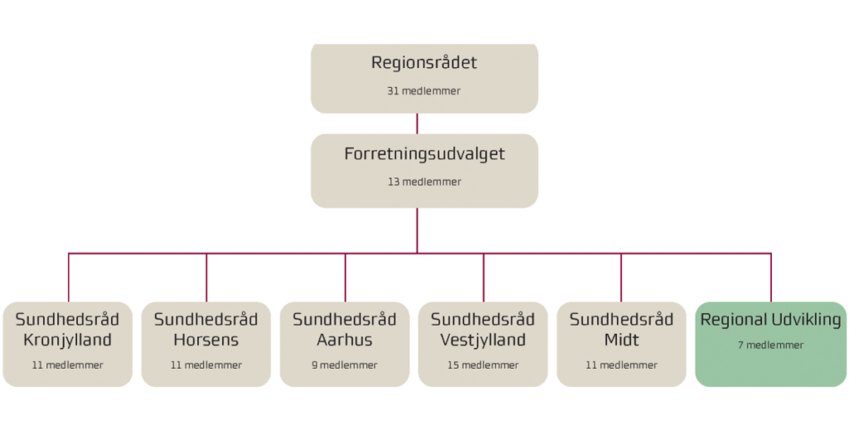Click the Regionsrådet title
pyautogui.click(x=424, y=63)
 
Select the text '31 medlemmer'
pyautogui.click(x=424, y=91)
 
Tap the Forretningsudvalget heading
pyautogui.click(x=424, y=154)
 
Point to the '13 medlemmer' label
pyautogui.click(x=424, y=182)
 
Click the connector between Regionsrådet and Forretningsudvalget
pyautogui.click(x=417, y=124)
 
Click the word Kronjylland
pyautogui.click(x=67, y=340)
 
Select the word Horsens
pyautogui.click(x=206, y=340)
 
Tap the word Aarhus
pyautogui.click(x=344, y=340)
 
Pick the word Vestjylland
pyautogui.click(x=483, y=340)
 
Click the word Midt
pyautogui.click(x=621, y=340)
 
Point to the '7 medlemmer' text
pyautogui.click(x=770, y=345)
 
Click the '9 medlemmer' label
pyautogui.click(x=344, y=365)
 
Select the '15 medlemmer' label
pyautogui.click(x=483, y=365)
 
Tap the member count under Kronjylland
pyautogui.click(x=67, y=365)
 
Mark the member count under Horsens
pyautogui.click(x=206, y=365)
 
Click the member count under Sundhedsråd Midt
pyautogui.click(x=621, y=365)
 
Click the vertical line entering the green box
pyautogui.click(x=771, y=278)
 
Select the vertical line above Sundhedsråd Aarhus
pyautogui.click(x=345, y=278)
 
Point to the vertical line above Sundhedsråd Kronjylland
pyautogui.click(x=68, y=278)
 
